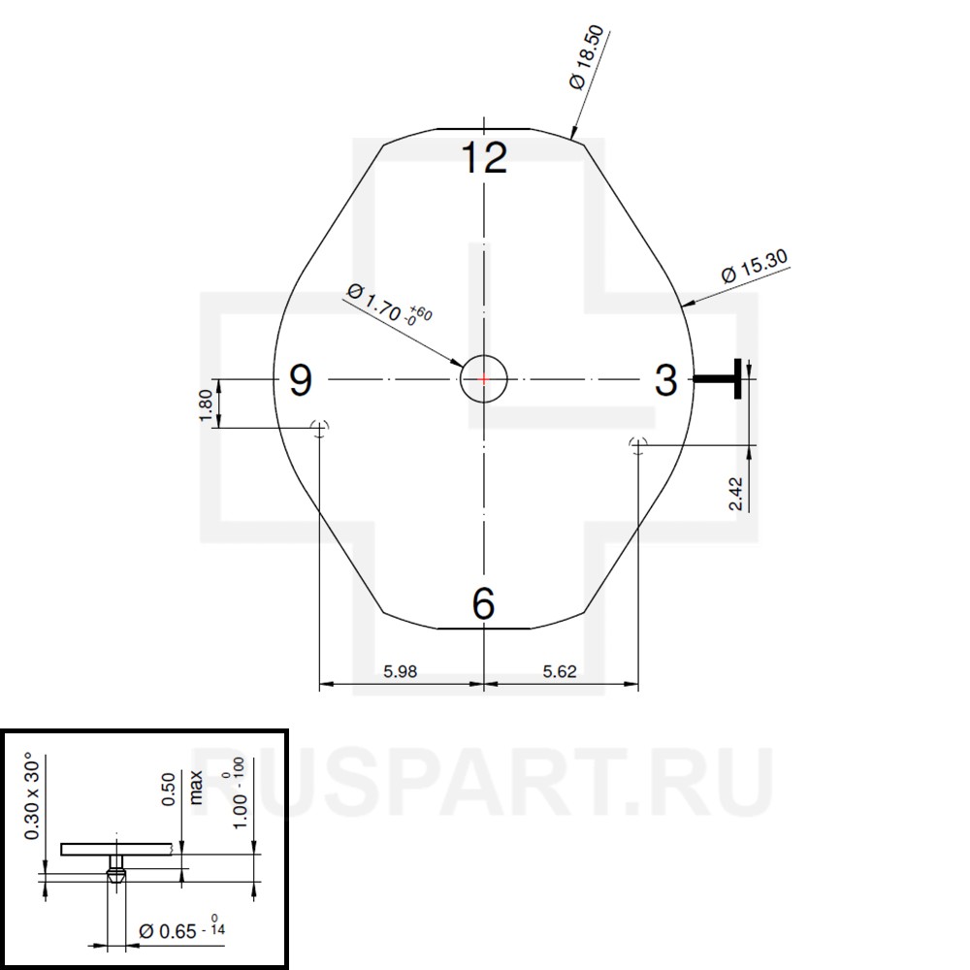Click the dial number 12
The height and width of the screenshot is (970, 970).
pyautogui.click(x=484, y=157)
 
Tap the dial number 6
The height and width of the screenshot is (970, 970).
pyautogui.click(x=483, y=603)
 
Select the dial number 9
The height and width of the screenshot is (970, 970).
pyautogui.click(x=302, y=380)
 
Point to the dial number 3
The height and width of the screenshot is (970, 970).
pyautogui.click(x=665, y=380)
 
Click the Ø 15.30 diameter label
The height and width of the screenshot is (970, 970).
pyautogui.click(x=755, y=266)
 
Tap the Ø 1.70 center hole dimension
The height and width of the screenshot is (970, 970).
pyautogui.click(x=389, y=305)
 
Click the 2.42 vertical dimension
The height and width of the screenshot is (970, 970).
pyautogui.click(x=736, y=493)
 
